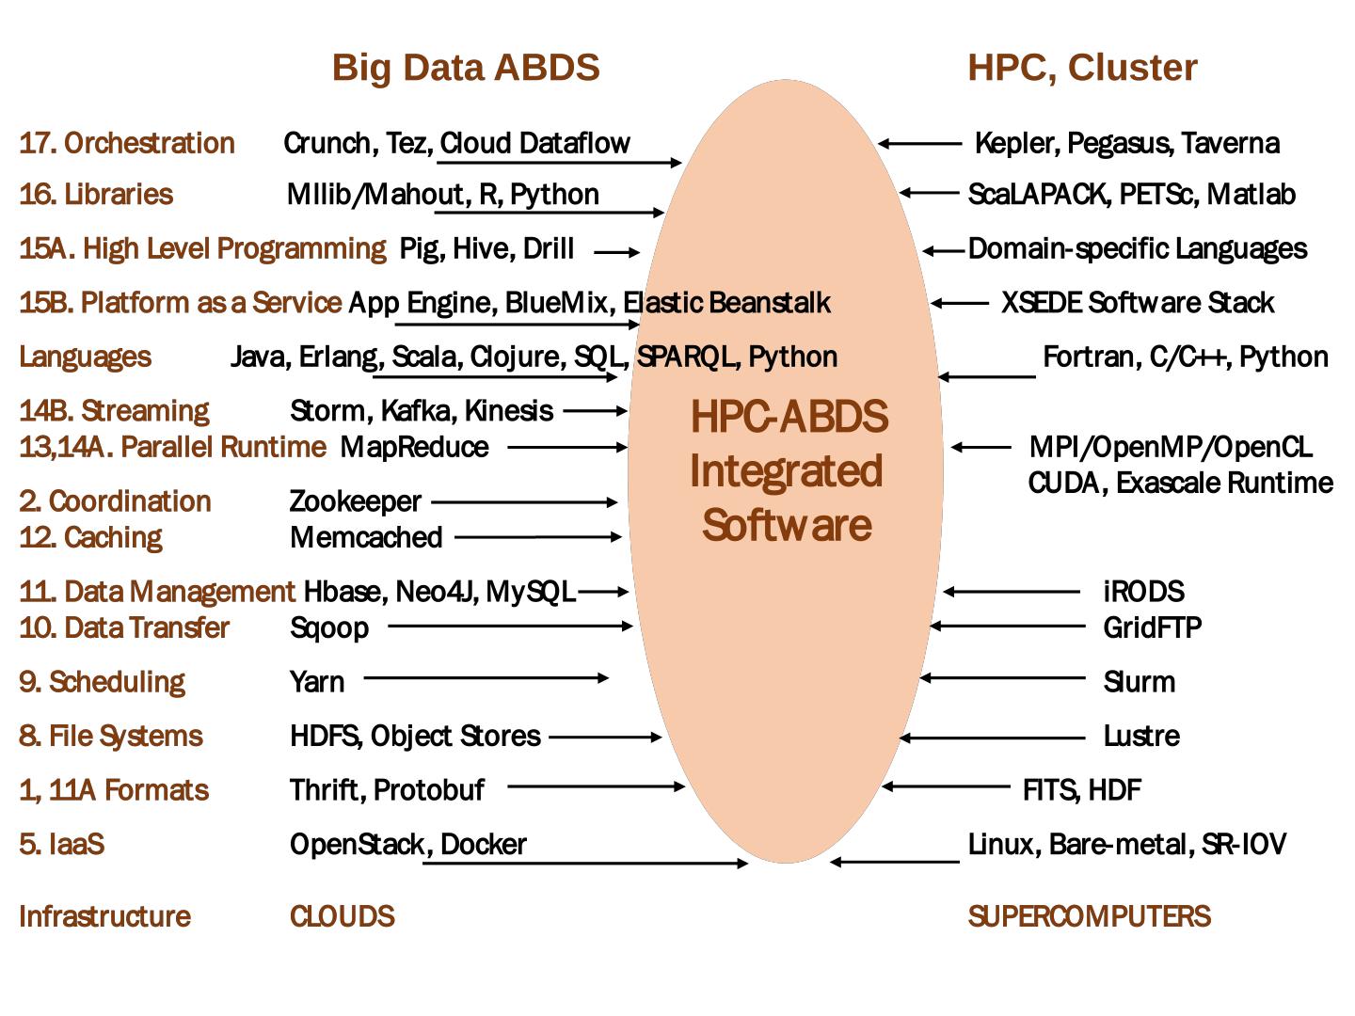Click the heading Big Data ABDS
[466, 68]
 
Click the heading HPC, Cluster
[1082, 68]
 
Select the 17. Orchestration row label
[127, 143]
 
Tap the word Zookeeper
[355, 501]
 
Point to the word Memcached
[366, 537]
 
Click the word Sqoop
[328, 627]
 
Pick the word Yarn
[317, 681]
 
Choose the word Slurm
[1139, 681]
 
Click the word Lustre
[1141, 736]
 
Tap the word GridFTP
[1152, 627]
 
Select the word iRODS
[1143, 592]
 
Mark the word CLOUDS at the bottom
[342, 916]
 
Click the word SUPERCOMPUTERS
[1089, 916]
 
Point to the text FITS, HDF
[1081, 790]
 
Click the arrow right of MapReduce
[567, 447]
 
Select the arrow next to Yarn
[486, 677]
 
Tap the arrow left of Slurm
[1003, 677]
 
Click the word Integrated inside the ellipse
[786, 471]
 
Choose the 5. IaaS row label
[61, 844]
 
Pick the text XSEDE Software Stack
[1137, 303]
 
